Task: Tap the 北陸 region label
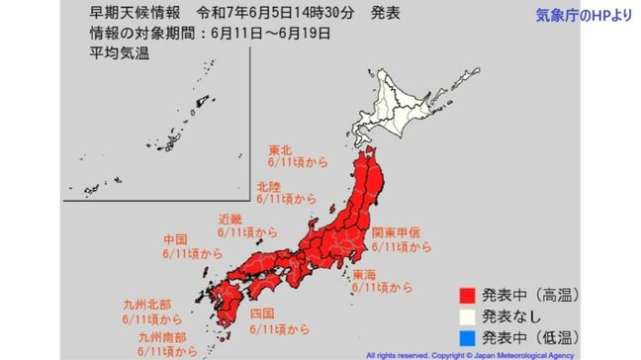coord(268,185)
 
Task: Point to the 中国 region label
coord(175,239)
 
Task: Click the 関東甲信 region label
coord(393,232)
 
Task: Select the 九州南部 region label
coord(162,336)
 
